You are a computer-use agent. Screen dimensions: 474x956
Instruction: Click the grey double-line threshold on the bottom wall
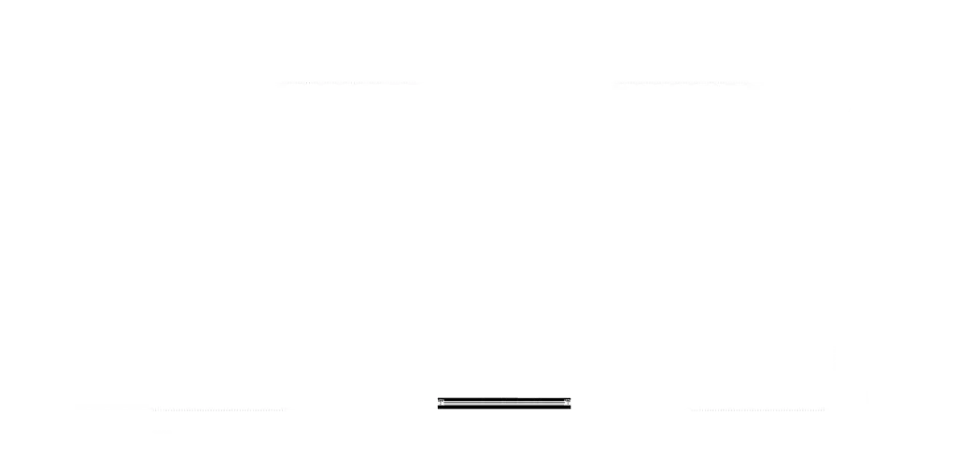point(504,403)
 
